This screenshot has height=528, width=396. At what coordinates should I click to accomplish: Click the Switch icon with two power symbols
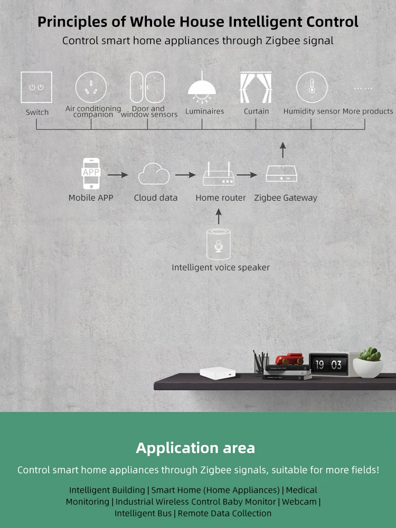[x=36, y=87]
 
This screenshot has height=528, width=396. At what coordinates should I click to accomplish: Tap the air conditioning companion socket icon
[x=91, y=87]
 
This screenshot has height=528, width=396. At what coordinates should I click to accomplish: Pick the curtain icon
[x=256, y=87]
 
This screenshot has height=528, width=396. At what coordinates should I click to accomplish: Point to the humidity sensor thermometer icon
[x=312, y=87]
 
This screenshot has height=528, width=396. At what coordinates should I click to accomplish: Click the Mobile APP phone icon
[x=91, y=173]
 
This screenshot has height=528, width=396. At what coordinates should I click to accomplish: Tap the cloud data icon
[x=154, y=174]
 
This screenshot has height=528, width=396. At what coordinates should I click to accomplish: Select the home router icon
[x=219, y=175]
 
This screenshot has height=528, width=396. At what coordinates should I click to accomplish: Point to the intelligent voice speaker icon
[x=219, y=244]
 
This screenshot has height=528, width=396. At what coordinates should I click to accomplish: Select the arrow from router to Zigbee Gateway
[x=248, y=174]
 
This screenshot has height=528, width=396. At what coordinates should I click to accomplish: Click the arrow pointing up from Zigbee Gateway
[x=283, y=150]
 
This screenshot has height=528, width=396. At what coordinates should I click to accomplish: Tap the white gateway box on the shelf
[x=214, y=372]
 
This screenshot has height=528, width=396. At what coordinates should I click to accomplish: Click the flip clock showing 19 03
[x=328, y=364]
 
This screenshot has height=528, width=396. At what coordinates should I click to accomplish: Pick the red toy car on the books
[x=289, y=359]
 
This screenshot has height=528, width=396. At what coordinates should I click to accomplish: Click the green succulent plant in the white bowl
[x=369, y=355]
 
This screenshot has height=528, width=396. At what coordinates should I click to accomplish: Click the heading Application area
[x=195, y=448]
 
